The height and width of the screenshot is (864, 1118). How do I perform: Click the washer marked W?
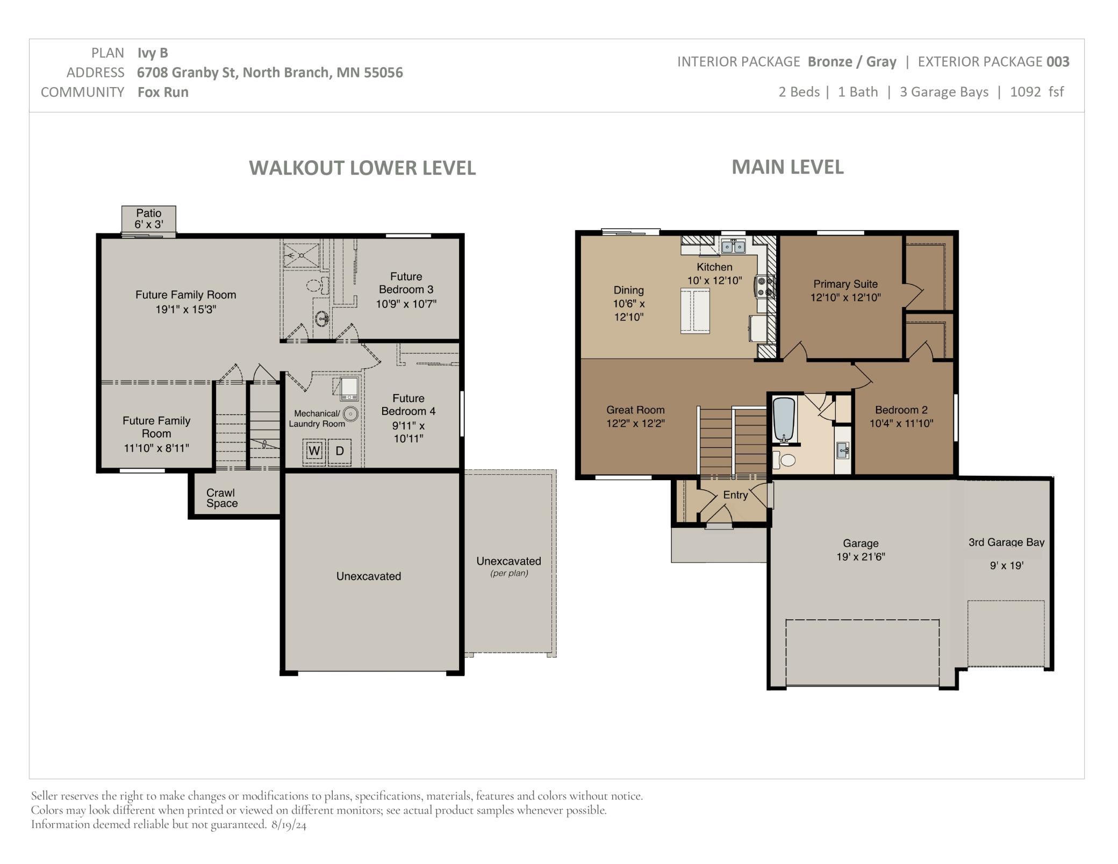[x=314, y=451]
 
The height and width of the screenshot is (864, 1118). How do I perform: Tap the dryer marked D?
[x=340, y=451]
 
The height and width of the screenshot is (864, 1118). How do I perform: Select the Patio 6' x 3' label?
[x=149, y=219]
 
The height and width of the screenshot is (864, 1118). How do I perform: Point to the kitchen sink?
[x=733, y=246]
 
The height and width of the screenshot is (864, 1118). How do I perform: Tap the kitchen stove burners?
[x=765, y=286]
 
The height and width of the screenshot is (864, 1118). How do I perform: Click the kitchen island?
[x=695, y=311]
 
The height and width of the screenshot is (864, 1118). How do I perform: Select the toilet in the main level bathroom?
[x=784, y=460]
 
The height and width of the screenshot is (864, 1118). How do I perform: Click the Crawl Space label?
[x=221, y=498]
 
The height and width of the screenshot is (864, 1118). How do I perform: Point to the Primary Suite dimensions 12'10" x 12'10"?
[x=845, y=297]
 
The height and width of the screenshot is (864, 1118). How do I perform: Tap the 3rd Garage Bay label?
[x=1006, y=542]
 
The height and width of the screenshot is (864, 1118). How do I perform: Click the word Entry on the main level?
[x=735, y=495]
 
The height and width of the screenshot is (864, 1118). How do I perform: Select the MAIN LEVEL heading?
[x=787, y=167]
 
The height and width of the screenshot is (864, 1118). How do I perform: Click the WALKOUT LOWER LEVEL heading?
[x=362, y=168]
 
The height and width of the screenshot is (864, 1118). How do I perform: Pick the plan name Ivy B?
[x=153, y=53]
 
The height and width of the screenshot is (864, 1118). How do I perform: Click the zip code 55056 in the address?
[x=383, y=73]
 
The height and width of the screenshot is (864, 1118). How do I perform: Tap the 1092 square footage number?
[x=1026, y=92]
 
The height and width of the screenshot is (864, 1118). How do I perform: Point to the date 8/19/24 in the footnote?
[x=289, y=825]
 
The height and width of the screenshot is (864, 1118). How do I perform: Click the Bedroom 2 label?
[x=901, y=410]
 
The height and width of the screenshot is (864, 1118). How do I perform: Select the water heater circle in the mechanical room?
[x=350, y=414]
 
